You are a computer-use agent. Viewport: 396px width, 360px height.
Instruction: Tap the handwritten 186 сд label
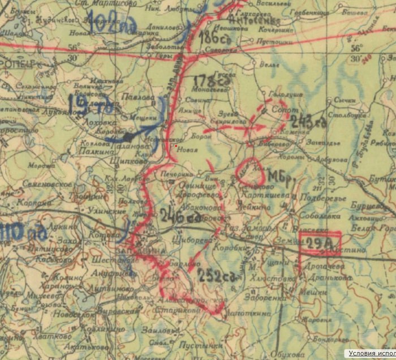[x=214, y=40]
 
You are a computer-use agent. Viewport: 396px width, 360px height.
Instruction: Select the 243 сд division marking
[x=308, y=121]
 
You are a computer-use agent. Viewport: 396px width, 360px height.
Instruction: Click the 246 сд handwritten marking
[x=180, y=215]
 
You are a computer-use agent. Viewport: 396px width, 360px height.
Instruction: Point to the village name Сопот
[x=281, y=108]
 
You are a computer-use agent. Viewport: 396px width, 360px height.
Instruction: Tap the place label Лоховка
[x=96, y=121]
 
